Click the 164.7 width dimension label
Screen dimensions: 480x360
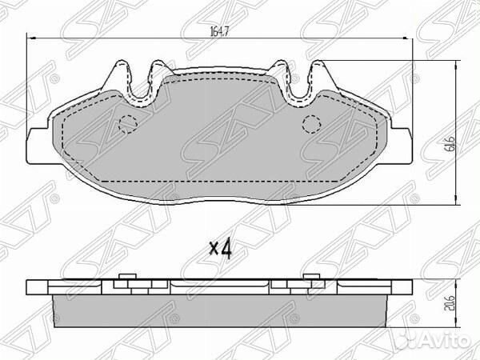click(x=219, y=31)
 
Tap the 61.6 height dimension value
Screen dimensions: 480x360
click(x=450, y=144)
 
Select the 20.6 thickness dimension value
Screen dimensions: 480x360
click(x=450, y=304)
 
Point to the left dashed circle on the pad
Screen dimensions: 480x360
click(x=128, y=124)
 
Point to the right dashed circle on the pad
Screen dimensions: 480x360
click(x=312, y=124)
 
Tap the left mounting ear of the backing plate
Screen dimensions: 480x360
click(x=38, y=146)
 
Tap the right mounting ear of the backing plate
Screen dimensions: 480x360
click(x=401, y=146)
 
